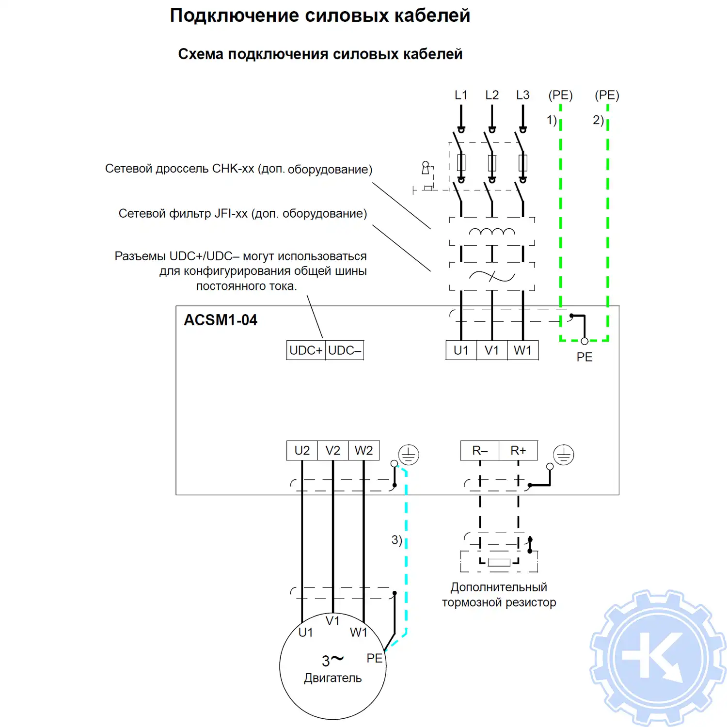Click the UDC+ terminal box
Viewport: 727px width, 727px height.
pyautogui.click(x=306, y=350)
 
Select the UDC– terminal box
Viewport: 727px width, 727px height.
pyautogui.click(x=345, y=350)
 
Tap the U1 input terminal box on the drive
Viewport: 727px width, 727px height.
pyautogui.click(x=461, y=350)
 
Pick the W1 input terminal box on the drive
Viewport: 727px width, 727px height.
pyautogui.click(x=522, y=350)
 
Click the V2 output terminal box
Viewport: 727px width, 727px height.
pyautogui.click(x=332, y=451)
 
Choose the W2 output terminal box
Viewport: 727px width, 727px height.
pyautogui.click(x=363, y=451)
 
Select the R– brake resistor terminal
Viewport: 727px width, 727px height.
pyautogui.click(x=479, y=451)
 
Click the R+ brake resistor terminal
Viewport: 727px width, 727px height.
pyautogui.click(x=518, y=451)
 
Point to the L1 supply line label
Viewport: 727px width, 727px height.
pyautogui.click(x=461, y=95)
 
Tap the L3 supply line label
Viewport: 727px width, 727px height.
pyautogui.click(x=522, y=95)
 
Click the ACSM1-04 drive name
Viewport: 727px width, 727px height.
pyautogui.click(x=221, y=320)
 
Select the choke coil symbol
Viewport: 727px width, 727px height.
pyautogui.click(x=491, y=232)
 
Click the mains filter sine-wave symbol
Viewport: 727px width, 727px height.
pyautogui.click(x=491, y=277)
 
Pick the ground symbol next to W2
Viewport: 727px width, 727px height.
pyautogui.click(x=409, y=455)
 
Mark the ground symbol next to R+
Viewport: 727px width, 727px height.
pyautogui.click(x=564, y=455)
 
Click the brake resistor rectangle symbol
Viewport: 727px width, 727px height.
pyautogui.click(x=499, y=562)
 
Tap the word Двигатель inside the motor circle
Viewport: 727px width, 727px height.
pyautogui.click(x=332, y=678)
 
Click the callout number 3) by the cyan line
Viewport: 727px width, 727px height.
pyautogui.click(x=396, y=540)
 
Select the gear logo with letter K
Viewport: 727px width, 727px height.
pyautogui.click(x=658, y=658)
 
